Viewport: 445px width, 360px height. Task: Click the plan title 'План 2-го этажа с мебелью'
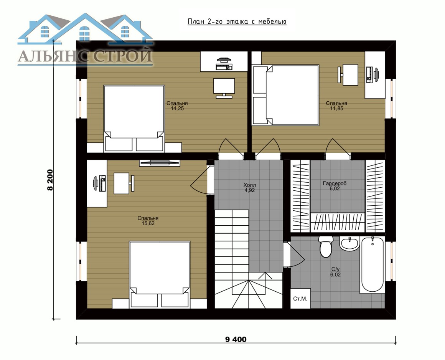pos(237,22)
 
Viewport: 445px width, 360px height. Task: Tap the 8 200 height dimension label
pos(50,180)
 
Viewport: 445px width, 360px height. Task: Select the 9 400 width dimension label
pos(236,339)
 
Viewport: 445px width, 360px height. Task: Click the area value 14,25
pos(177,109)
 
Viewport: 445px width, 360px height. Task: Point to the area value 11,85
pos(336,109)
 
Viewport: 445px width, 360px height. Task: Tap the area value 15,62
pos(148,223)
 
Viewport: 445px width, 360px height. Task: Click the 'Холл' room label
pos(250,185)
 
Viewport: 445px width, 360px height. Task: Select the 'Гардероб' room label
pos(335,183)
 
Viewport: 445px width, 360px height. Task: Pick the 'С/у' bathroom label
pos(335,269)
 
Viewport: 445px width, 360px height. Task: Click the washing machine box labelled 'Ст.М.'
pos(300,298)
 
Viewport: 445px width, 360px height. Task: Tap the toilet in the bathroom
pos(326,246)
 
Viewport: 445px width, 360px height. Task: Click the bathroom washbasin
pos(349,244)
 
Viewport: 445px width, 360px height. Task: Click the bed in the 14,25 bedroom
pos(134,118)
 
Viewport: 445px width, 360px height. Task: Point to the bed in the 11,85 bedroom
pos(285,95)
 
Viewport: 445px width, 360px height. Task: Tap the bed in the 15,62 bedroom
pos(160,274)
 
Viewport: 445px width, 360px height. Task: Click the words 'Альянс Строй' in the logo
pos(85,56)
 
